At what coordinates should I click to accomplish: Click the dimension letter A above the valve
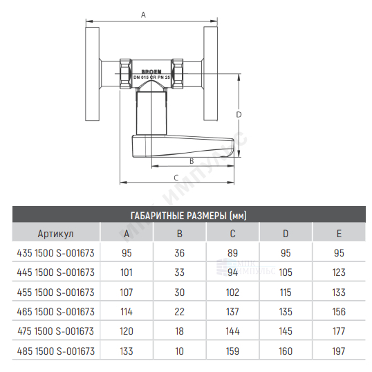click(143, 15)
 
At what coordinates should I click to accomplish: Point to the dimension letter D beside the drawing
click(239, 115)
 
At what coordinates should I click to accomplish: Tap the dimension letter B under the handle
click(192, 161)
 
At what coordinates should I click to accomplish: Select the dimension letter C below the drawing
click(176, 178)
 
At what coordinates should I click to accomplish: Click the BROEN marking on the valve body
click(151, 71)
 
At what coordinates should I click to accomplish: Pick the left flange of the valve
click(92, 74)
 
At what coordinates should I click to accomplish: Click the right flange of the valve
click(210, 74)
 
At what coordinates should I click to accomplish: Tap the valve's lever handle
click(183, 147)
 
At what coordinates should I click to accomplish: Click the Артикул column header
click(56, 234)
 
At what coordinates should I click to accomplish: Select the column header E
click(339, 234)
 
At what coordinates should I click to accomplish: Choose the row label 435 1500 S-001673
click(56, 253)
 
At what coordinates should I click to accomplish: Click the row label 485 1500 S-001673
click(56, 351)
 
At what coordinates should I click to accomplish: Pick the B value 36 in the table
click(180, 253)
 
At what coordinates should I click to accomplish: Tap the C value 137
click(233, 312)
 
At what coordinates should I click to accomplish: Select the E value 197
click(339, 351)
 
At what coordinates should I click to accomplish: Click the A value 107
click(127, 292)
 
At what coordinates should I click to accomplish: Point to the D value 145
click(286, 331)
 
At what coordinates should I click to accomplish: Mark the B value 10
click(180, 351)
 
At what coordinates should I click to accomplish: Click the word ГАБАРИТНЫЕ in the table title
click(157, 216)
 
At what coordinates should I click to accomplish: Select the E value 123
click(339, 272)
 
